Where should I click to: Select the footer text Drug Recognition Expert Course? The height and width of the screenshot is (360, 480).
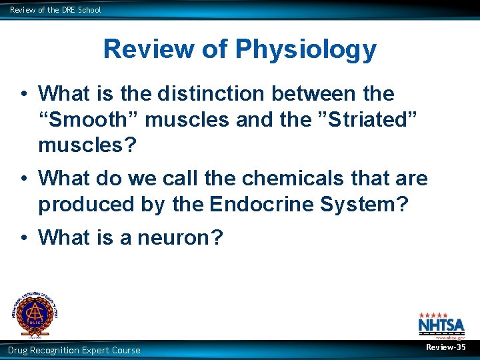coord(74,350)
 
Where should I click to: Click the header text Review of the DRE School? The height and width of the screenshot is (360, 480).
coord(55,9)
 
